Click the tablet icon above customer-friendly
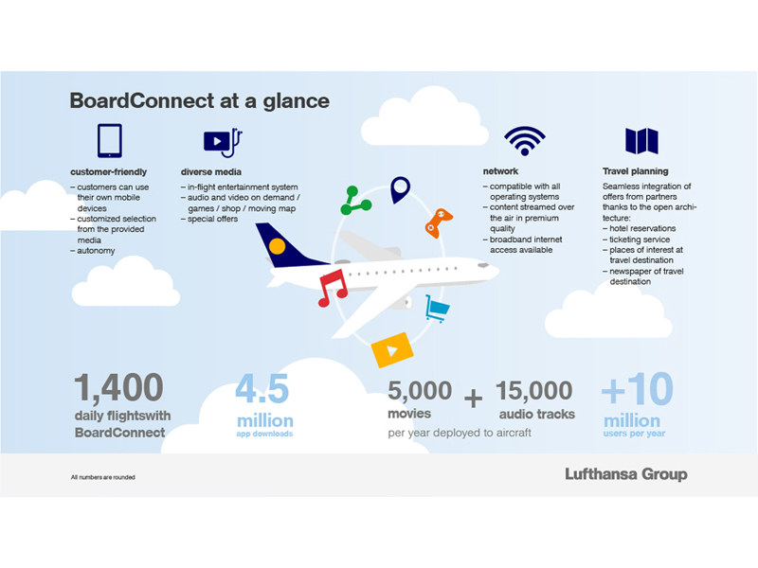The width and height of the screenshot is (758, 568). pos(110,141)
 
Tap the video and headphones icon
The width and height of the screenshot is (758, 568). pos(223,142)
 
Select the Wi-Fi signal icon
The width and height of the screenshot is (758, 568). pos(525,140)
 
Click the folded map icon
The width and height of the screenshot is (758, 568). pos(642,141)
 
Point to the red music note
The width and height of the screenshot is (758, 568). pos(333,288)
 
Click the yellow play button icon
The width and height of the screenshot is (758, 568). pos(392,350)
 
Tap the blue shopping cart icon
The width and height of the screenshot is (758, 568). pos(437,309)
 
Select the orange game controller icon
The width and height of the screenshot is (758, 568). pos(438,222)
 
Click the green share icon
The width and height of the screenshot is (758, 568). pos(355,201)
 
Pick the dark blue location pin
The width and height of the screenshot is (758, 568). pos(400,189)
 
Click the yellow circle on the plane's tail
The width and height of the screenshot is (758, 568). pos(277,246)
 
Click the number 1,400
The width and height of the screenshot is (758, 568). pos(118,387)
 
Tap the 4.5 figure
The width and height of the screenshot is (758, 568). pos(262,388)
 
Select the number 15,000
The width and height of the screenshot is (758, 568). pos(534,390)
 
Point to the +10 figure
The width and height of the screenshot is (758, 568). pos(637,389)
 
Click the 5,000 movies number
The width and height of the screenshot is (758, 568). pos(420,390)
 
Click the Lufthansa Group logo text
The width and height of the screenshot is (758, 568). pos(626,474)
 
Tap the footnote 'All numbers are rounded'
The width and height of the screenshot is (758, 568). pos(103,477)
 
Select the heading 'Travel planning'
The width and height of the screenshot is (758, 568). pos(635,171)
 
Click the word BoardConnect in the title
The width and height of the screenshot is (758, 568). pos(141,101)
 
